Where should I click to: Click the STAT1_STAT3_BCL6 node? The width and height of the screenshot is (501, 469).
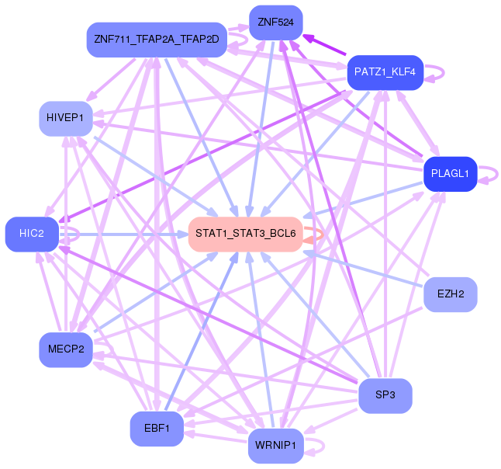[245, 234]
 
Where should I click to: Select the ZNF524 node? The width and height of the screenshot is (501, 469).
[275, 23]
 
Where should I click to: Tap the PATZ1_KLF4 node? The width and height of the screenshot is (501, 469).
[385, 72]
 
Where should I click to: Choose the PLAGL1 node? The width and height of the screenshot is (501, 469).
[449, 174]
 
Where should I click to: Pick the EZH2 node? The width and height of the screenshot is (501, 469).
[450, 294]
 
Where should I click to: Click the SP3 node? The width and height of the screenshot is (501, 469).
[385, 395]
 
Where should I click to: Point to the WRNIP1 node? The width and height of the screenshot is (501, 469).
[275, 446]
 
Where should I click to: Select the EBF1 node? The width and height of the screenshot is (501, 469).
[157, 428]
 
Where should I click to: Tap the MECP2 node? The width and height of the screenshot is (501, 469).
[66, 349]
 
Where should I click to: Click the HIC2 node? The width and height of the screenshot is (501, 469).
[32, 234]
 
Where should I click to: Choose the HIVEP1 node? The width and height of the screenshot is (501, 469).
[66, 118]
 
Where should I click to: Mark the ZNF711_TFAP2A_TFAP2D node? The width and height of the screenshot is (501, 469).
[157, 39]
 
